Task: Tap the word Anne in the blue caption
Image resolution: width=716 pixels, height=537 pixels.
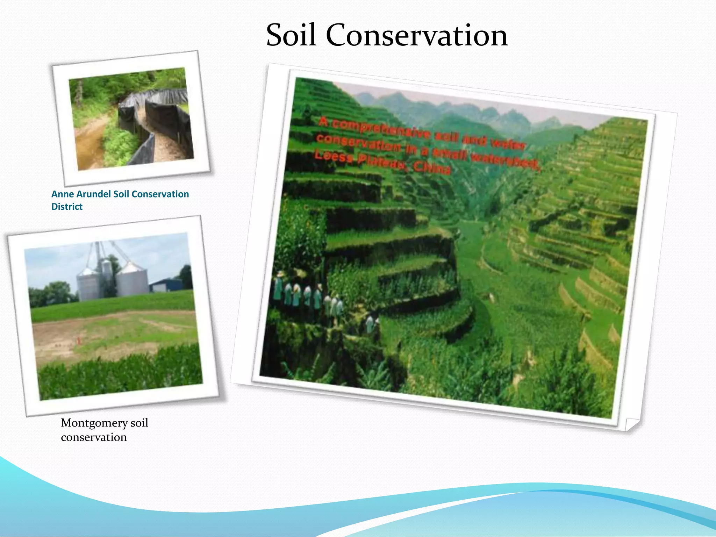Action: (62, 194)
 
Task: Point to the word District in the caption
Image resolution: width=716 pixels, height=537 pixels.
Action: (67, 207)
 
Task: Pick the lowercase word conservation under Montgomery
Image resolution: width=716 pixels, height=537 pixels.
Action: (94, 437)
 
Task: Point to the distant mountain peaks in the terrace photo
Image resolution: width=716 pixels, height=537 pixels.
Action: (454, 105)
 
